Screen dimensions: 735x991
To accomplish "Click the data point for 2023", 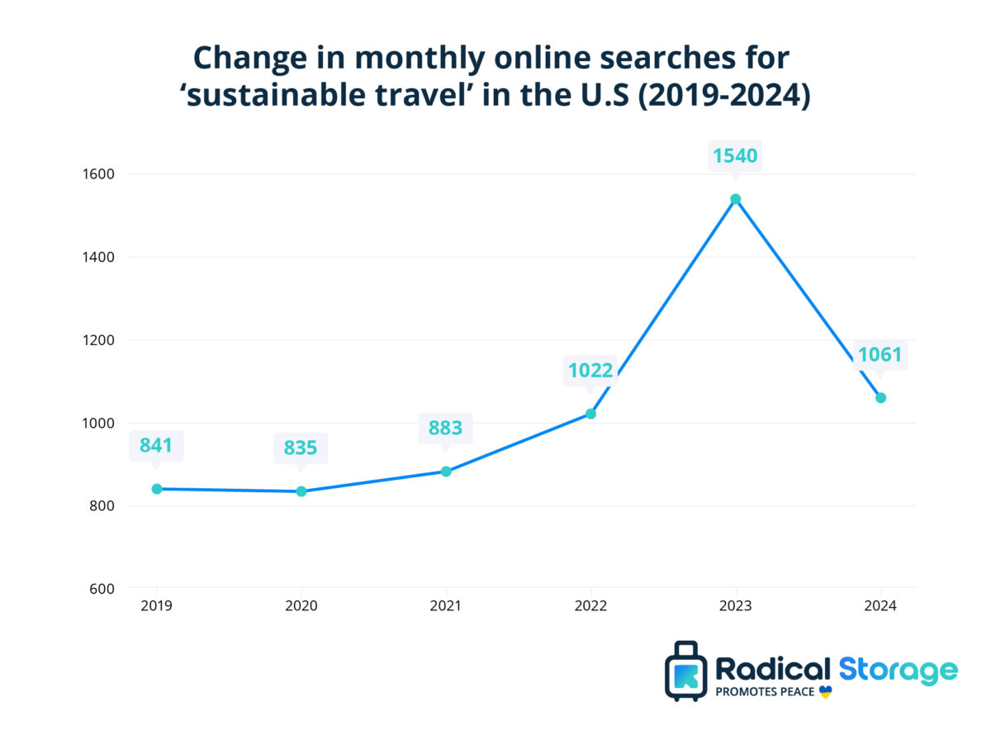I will (735, 199).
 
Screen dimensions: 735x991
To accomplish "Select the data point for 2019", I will (157, 489).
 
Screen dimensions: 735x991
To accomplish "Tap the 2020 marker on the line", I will (301, 491).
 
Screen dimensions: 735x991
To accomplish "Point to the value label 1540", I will (735, 155).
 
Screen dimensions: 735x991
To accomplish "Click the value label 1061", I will (880, 355).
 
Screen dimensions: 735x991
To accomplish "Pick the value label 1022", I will (590, 370).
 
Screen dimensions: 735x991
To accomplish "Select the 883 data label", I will (445, 428).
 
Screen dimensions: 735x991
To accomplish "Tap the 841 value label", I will (156, 446).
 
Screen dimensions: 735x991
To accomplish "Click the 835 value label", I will (301, 448).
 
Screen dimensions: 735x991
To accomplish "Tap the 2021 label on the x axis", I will (446, 605).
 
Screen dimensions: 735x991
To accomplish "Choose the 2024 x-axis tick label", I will (880, 605).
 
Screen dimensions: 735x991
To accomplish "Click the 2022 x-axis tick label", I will (590, 605).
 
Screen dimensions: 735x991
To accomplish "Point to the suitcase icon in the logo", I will (685, 671).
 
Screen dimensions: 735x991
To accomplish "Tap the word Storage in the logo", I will (899, 669).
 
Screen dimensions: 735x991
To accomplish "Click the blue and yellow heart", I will (825, 692).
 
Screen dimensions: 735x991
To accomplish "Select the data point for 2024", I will (880, 398).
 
